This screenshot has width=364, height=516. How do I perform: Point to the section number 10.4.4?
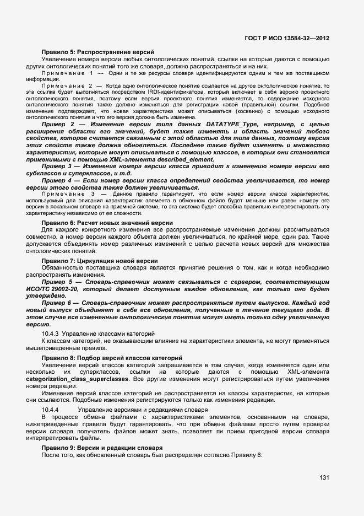tap(50, 410)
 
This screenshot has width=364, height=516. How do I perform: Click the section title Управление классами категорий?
tap(108, 334)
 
